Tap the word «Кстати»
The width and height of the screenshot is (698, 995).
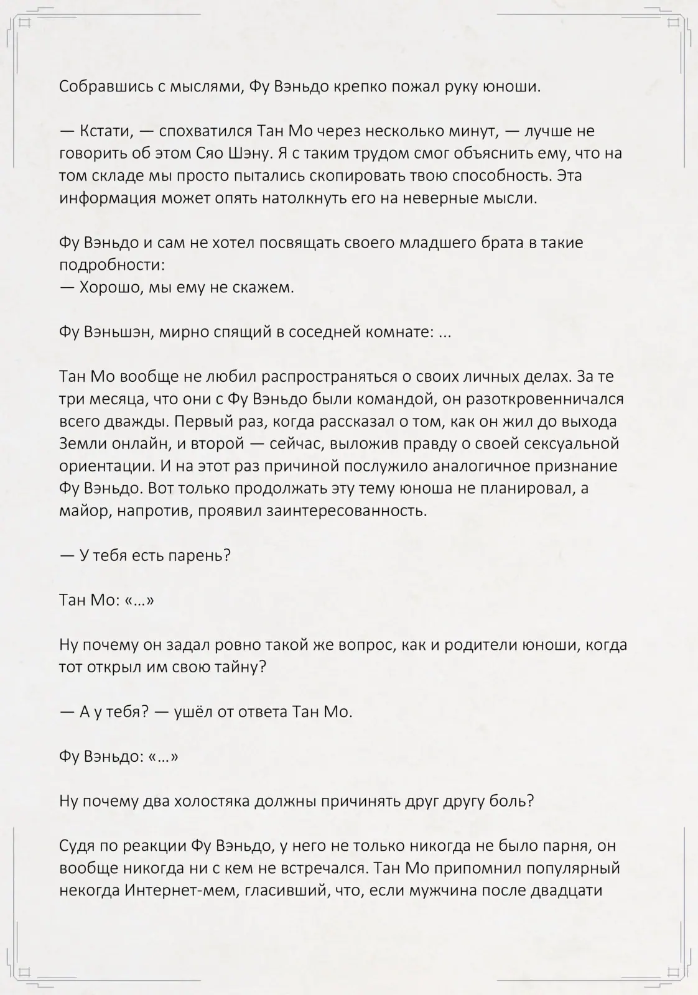click(x=105, y=131)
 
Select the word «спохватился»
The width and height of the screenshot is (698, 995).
click(x=205, y=131)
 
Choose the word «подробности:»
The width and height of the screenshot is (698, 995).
click(x=112, y=266)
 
